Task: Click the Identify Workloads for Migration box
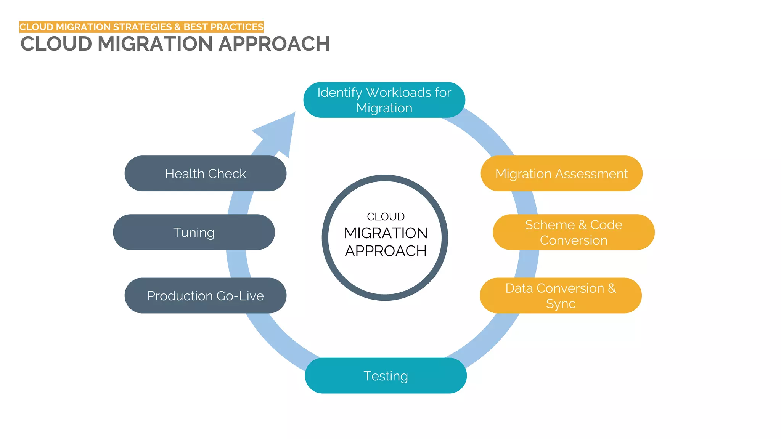384,100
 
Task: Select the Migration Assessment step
561,173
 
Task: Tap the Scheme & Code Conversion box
574,232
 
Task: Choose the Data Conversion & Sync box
561,296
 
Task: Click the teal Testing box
386,376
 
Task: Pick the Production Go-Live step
205,296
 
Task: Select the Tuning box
194,232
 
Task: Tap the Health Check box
205,173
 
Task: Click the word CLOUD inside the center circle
386,216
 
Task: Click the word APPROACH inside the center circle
386,251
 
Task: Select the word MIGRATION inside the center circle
386,233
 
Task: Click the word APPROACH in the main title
274,44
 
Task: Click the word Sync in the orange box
561,304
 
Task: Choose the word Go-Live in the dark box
240,296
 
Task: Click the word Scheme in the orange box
550,225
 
